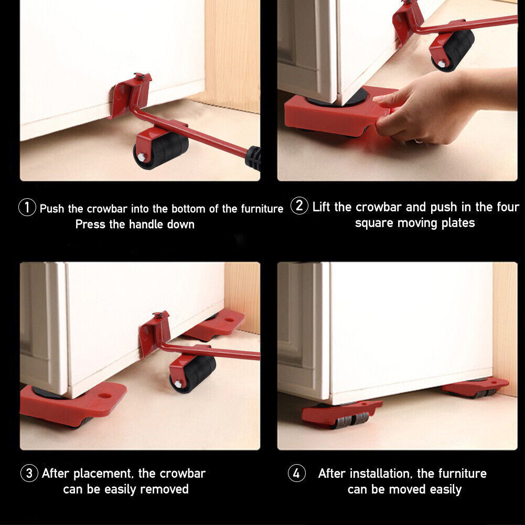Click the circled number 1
tap(27, 208)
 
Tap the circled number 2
tap(299, 206)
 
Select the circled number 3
tap(29, 474)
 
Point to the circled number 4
tap(296, 474)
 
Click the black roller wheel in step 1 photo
tap(160, 150)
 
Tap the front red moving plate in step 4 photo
tap(341, 412)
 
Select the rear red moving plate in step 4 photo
tap(475, 387)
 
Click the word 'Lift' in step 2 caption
tap(322, 207)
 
